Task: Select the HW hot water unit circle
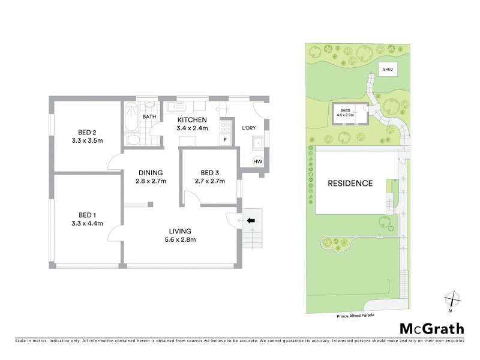tap(258, 162)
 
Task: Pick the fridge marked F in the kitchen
tap(225, 140)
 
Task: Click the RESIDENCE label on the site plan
tap(350, 183)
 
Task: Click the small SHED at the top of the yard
tap(387, 70)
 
